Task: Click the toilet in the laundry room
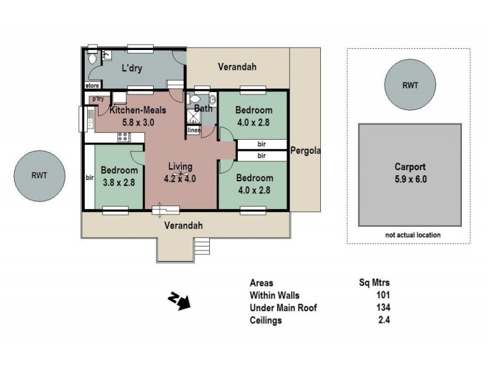[x=91, y=59]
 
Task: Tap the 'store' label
[x=92, y=86]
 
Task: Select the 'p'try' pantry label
[x=96, y=99]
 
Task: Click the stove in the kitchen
[x=122, y=137]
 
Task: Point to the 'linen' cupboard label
[x=193, y=130]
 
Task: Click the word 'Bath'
[x=203, y=109]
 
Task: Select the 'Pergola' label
[x=306, y=151]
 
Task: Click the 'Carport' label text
[x=410, y=166]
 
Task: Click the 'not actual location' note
[x=412, y=235]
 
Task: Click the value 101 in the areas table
[x=383, y=295]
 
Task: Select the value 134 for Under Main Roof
[x=383, y=308]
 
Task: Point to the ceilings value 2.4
[x=383, y=320]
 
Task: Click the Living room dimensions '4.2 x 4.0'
[x=180, y=179]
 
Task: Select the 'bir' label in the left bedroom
[x=90, y=178]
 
